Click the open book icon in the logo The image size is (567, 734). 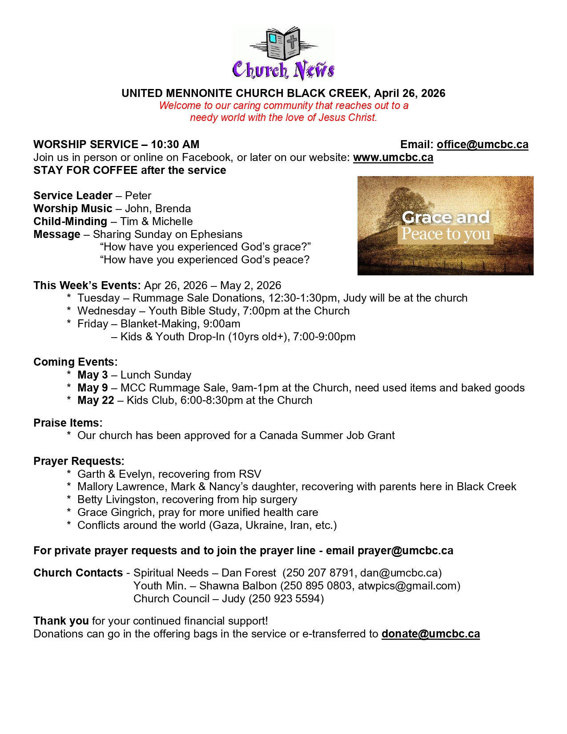tap(284, 43)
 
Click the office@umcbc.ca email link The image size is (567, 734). tap(483, 145)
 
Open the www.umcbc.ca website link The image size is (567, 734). tap(393, 157)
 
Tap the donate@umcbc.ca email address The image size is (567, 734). tap(430, 634)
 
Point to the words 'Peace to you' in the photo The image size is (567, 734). tap(446, 234)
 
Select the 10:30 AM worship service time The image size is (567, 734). tap(175, 145)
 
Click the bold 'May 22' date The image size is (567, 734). tap(96, 400)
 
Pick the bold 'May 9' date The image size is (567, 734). tap(92, 388)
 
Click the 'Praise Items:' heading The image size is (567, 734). tap(68, 423)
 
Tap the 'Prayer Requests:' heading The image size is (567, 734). tap(79, 461)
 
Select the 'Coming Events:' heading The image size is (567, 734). tap(75, 362)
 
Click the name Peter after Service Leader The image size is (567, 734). tap(138, 196)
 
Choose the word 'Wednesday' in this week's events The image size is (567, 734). tap(106, 311)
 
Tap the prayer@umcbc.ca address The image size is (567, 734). tap(405, 551)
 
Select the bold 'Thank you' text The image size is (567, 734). tap(61, 621)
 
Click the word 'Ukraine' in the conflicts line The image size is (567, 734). tap(265, 525)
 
